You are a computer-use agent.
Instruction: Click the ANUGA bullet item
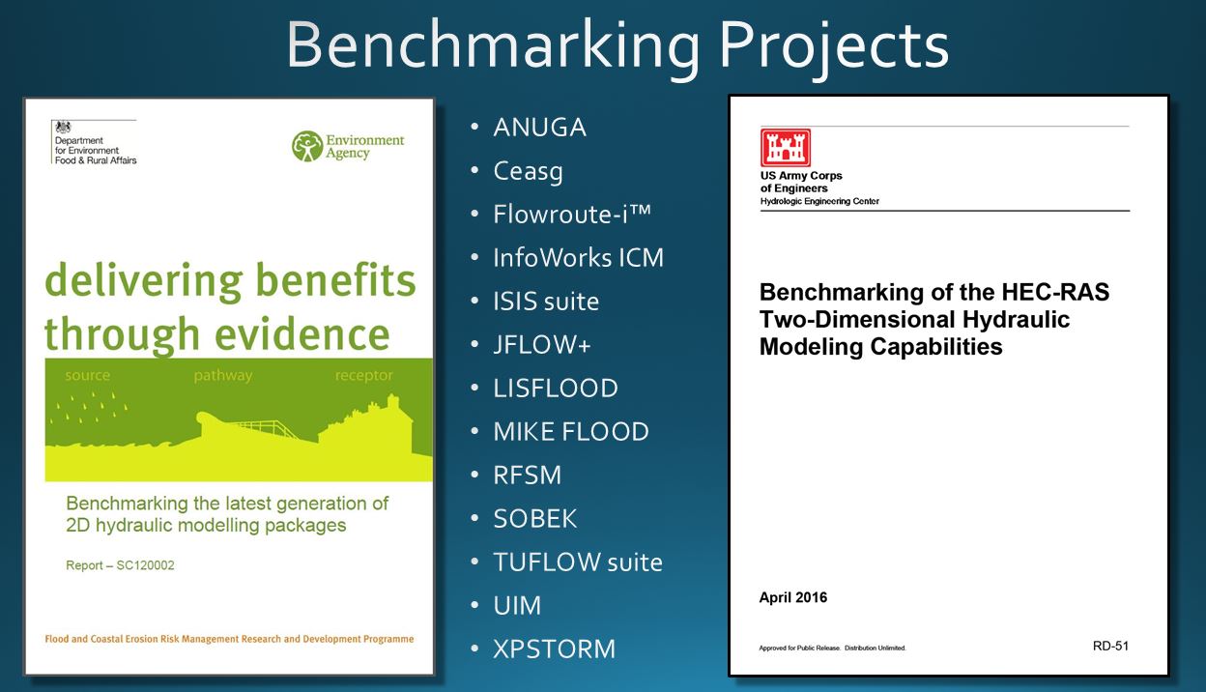(539, 128)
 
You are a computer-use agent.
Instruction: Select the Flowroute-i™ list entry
(572, 215)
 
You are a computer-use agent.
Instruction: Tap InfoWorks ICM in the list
(578, 258)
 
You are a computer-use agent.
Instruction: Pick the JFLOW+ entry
(542, 345)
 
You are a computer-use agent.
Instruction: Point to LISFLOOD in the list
(556, 389)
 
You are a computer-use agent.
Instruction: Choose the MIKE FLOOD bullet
(571, 432)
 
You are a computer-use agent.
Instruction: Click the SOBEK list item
(535, 519)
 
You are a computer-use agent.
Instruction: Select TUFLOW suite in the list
(578, 562)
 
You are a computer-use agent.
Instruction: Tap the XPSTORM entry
(554, 649)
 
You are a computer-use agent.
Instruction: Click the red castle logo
(786, 148)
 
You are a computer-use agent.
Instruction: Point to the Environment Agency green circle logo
(307, 146)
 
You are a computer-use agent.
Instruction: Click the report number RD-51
(1110, 646)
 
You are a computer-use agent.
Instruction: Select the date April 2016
(793, 597)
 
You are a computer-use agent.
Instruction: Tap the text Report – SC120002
(120, 565)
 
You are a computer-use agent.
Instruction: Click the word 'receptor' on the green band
(364, 375)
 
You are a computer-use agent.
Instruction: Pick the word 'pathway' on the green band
(223, 376)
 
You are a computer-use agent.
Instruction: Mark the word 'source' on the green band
(88, 375)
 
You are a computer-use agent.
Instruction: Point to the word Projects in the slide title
(834, 46)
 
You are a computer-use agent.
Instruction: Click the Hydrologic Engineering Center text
(819, 201)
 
